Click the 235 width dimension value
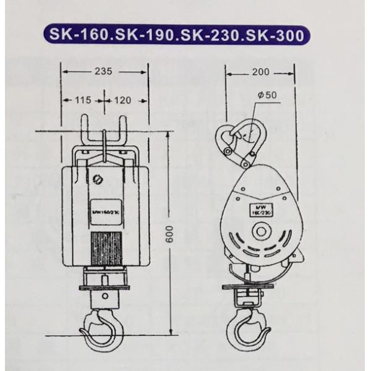tap(104, 72)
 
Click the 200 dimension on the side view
tap(261, 72)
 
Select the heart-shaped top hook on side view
tap(239, 140)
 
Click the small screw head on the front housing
tap(97, 181)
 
